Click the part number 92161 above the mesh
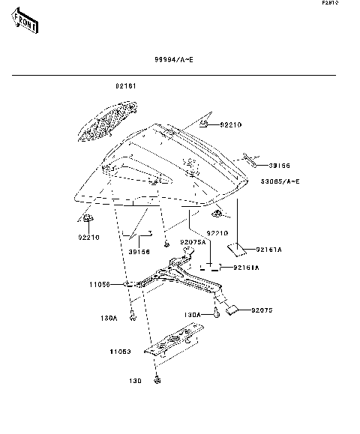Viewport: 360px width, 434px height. pyautogui.click(x=125, y=87)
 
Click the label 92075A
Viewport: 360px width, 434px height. pyautogui.click(x=192, y=242)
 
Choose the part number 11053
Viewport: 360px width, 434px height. pyautogui.click(x=120, y=351)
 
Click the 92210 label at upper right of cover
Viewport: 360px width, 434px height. pyautogui.click(x=232, y=124)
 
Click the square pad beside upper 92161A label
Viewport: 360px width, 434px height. pyautogui.click(x=238, y=249)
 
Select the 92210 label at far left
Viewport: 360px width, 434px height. pyautogui.click(x=88, y=238)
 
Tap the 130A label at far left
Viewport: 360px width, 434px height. pyautogui.click(x=109, y=318)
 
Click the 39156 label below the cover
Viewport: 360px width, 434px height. pyautogui.click(x=139, y=252)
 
